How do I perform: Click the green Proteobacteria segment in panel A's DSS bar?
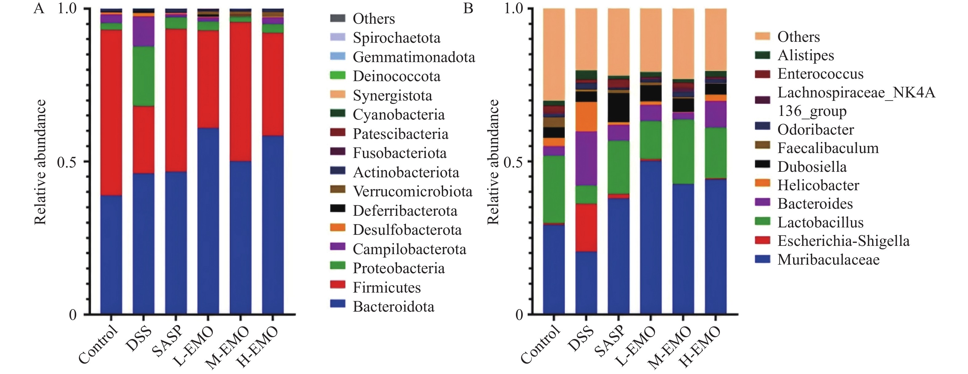pyautogui.click(x=144, y=76)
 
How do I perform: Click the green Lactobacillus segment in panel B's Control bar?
pyautogui.click(x=554, y=189)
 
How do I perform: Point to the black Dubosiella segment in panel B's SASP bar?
pyautogui.click(x=619, y=107)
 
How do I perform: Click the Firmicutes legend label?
pyautogui.click(x=386, y=288)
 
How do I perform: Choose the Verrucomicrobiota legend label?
pyautogui.click(x=412, y=191)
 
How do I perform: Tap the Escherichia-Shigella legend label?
pyautogui.click(x=843, y=241)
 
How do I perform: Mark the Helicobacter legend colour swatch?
pyautogui.click(x=762, y=184)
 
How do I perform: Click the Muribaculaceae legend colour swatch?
pyautogui.click(x=762, y=259)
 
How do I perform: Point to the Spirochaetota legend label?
pyautogui.click(x=396, y=37)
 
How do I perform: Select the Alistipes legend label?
pyautogui.click(x=806, y=55)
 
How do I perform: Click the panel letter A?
pyautogui.click(x=39, y=8)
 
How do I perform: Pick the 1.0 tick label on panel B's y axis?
pyautogui.click(x=513, y=8)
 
